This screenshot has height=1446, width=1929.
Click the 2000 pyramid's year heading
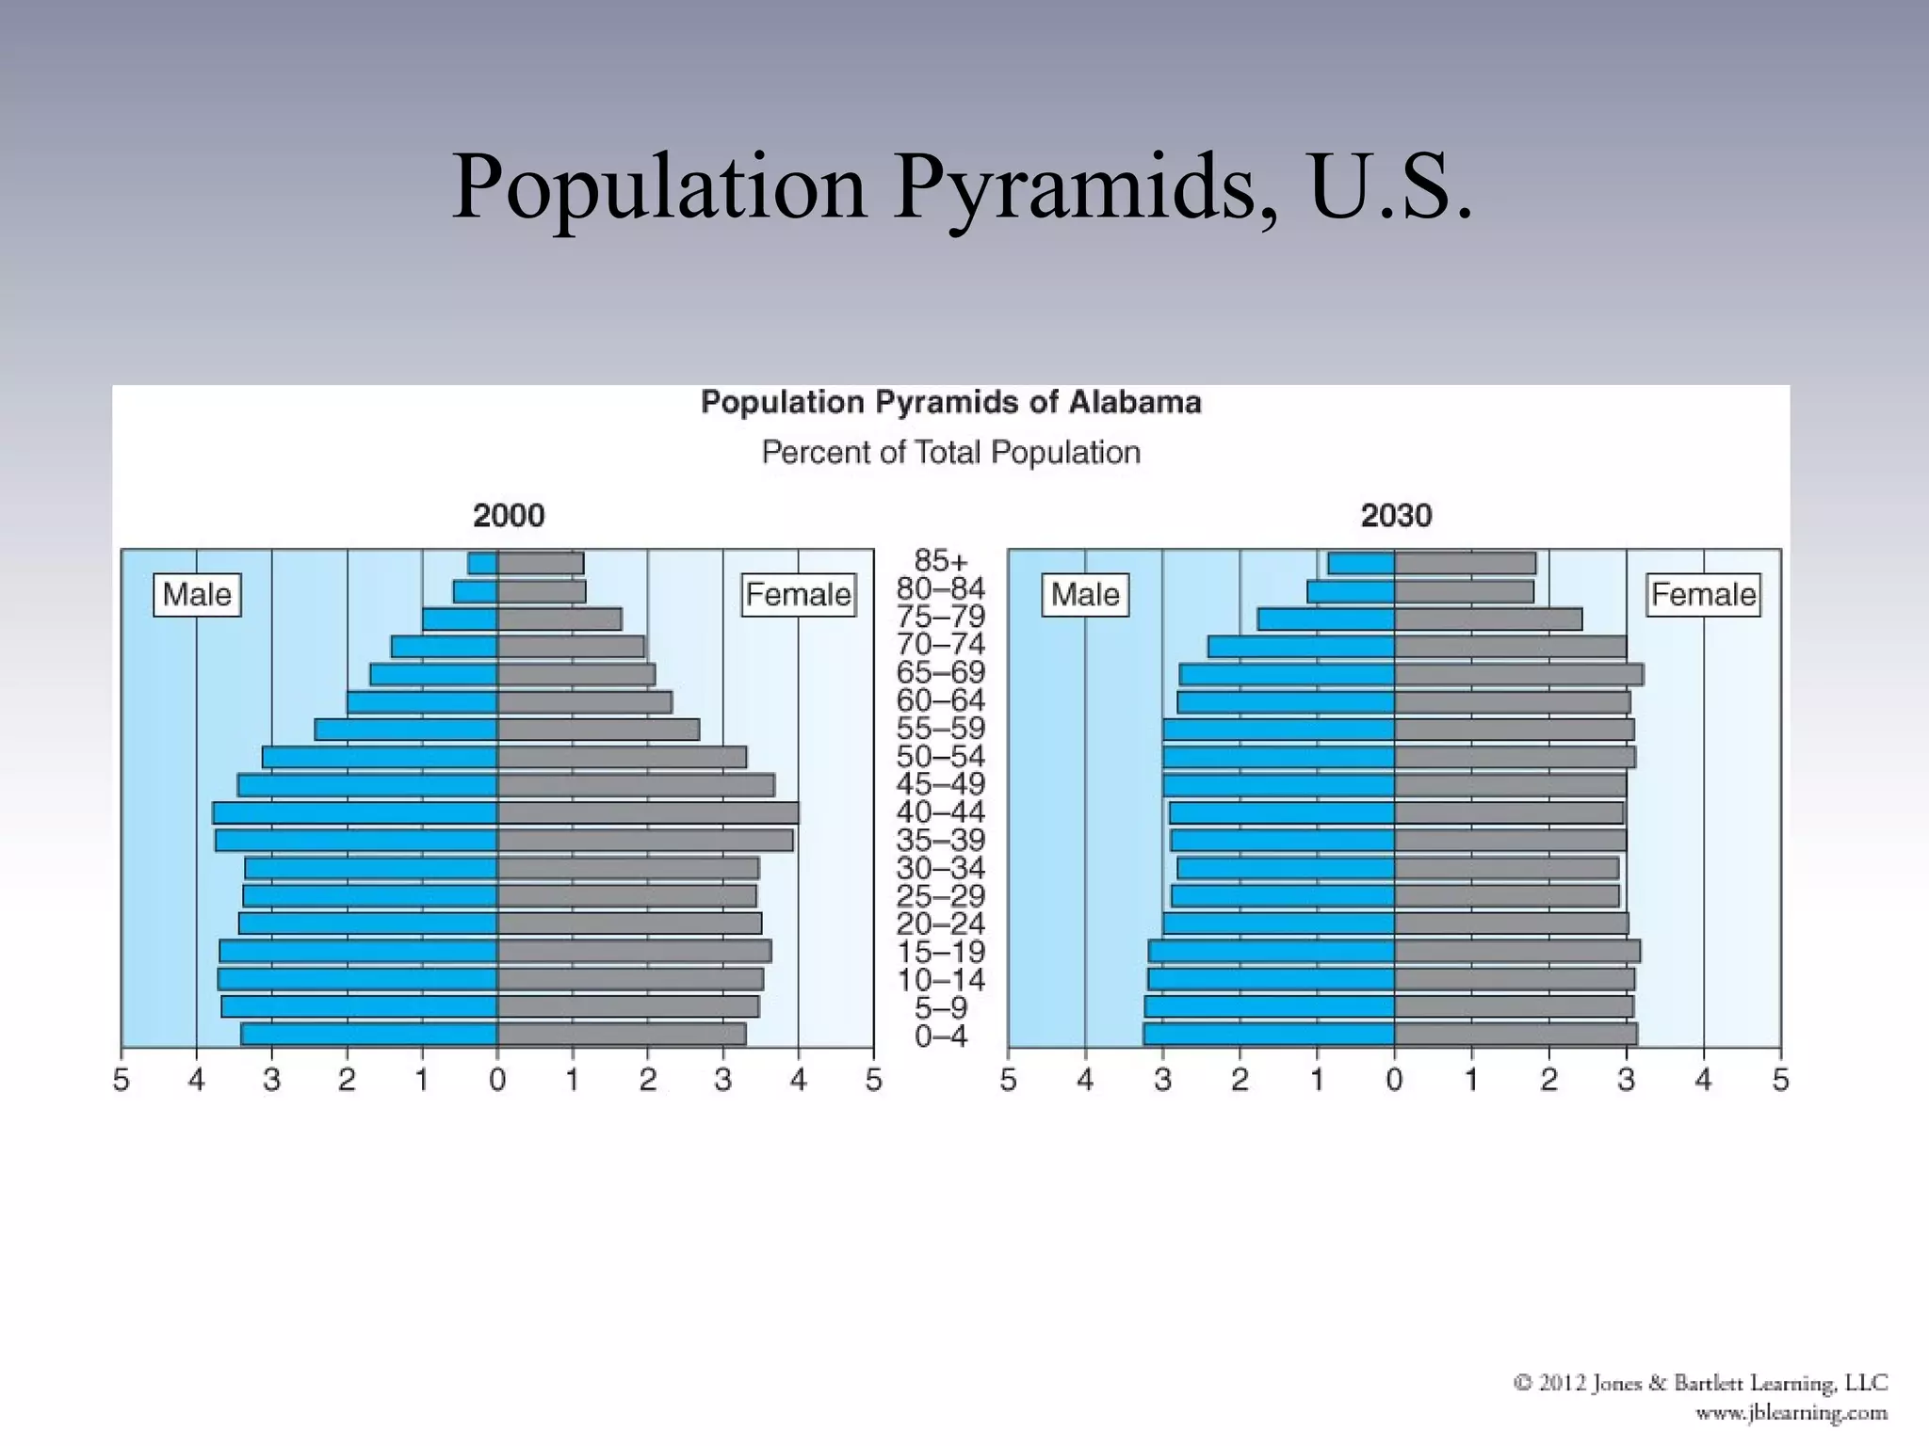(x=509, y=516)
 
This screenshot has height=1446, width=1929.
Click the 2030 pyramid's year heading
(x=1396, y=516)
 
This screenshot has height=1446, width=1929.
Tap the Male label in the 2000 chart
(x=197, y=595)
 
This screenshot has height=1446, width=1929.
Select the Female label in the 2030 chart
(x=1703, y=595)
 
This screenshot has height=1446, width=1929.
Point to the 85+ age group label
(x=940, y=561)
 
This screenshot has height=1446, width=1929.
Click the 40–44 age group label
(x=940, y=812)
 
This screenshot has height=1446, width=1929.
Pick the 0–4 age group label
(x=940, y=1036)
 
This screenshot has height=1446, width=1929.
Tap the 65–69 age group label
(x=940, y=673)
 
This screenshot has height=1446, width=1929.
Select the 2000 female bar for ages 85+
(x=541, y=563)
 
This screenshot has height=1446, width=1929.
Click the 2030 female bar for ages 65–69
(x=1518, y=674)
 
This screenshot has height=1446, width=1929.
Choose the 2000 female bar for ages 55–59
(x=598, y=730)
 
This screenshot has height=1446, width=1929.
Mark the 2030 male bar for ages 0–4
(x=1269, y=1035)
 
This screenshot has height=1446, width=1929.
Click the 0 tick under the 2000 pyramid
(x=497, y=1081)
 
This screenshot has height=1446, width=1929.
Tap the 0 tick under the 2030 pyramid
(x=1394, y=1081)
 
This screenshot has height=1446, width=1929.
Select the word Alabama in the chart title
(x=1134, y=403)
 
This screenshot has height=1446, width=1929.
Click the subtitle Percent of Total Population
(x=950, y=453)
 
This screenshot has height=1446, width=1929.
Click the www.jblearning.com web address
(x=1791, y=1413)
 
